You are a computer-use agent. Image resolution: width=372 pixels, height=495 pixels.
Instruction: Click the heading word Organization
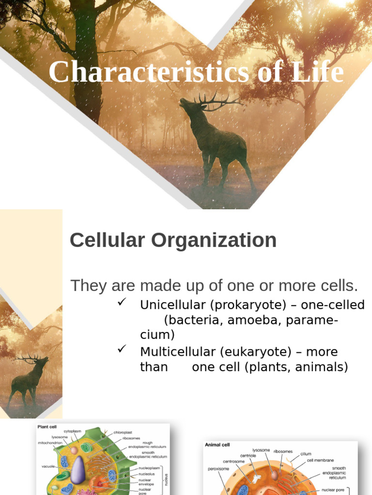218,240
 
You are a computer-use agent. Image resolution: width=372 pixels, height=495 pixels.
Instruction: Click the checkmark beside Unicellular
122,303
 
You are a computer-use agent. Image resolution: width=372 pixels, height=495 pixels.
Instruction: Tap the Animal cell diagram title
217,445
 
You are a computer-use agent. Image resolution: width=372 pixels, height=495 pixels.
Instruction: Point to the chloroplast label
123,432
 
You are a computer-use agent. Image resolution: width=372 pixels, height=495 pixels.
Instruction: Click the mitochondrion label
50,442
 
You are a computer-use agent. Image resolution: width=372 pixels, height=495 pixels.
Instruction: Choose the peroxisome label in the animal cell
218,468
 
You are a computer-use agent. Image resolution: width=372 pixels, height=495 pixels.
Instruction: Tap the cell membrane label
320,460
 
